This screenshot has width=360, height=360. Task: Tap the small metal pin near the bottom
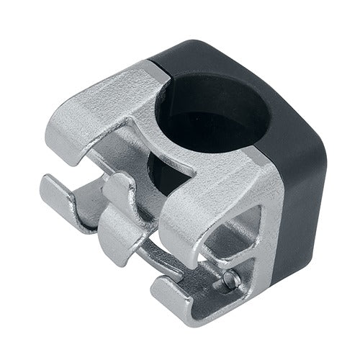pos(230,279)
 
